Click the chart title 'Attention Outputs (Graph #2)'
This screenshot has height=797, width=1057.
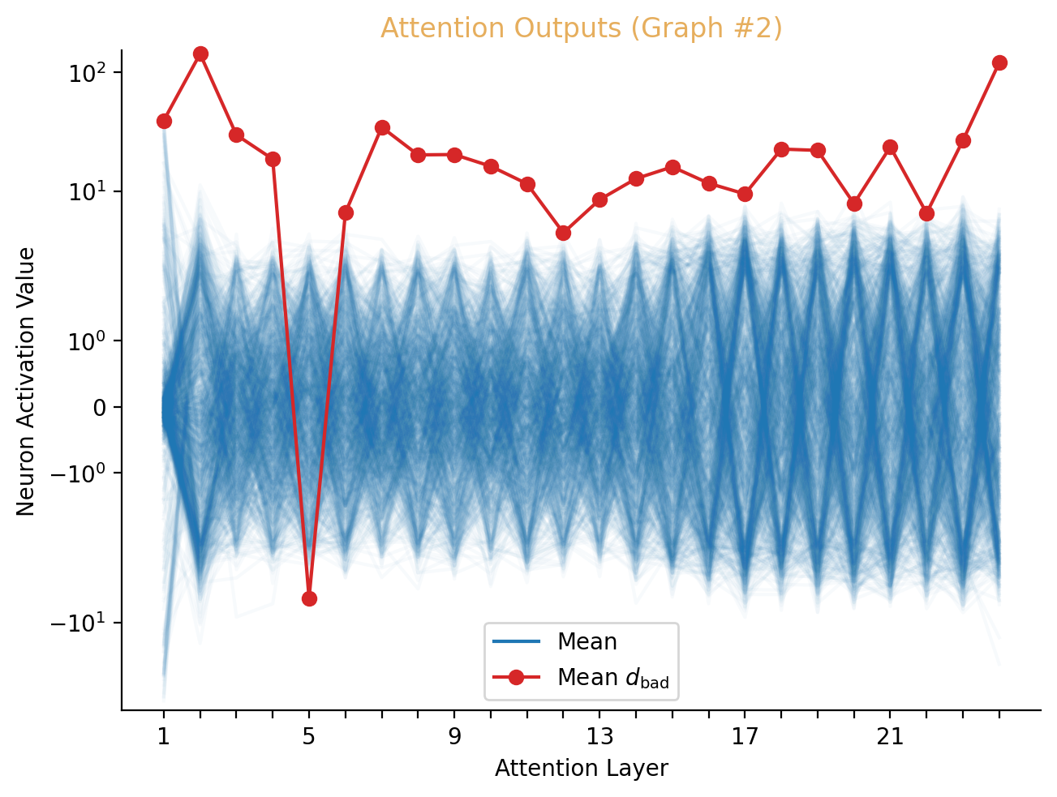click(581, 28)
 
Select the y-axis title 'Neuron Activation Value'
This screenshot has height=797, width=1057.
click(26, 381)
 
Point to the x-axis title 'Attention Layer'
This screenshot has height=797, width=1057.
click(581, 768)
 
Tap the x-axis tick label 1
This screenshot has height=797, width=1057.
click(163, 737)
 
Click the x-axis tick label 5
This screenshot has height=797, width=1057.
click(308, 737)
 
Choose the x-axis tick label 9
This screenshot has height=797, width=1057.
click(453, 737)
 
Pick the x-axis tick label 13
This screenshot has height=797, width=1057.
click(599, 737)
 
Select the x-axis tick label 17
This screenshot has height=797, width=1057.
click(745, 737)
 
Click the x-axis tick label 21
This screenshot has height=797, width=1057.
click(890, 737)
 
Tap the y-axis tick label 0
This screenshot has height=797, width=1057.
click(100, 407)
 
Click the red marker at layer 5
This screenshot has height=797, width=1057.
click(309, 598)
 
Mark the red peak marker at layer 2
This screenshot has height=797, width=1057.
click(200, 54)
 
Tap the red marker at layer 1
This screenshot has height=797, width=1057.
click(164, 121)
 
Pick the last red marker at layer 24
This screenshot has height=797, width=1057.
click(999, 62)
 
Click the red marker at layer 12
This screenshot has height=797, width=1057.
click(563, 233)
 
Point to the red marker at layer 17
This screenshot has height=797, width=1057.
click(745, 194)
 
